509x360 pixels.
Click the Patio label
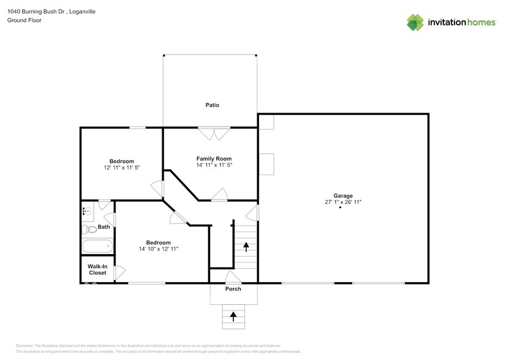212,105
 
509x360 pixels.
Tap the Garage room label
342,196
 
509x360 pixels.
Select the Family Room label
214,159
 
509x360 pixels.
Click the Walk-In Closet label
97,269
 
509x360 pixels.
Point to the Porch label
233,289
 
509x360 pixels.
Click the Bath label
104,227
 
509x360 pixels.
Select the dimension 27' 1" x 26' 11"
342,202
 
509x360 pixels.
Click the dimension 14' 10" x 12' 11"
158,249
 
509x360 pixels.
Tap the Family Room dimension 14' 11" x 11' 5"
214,165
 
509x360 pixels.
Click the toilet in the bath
89,230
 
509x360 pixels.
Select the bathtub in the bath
97,247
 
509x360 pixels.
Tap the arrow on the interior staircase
246,247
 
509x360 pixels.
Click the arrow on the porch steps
233,316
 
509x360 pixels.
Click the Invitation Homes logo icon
416,23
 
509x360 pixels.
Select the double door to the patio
214,130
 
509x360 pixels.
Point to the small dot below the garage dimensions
340,208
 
